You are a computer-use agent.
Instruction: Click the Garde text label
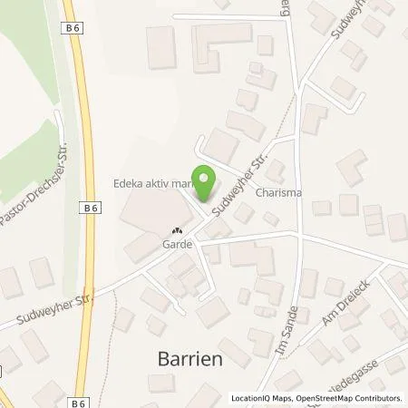[176, 244]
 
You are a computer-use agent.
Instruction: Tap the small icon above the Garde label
[177, 230]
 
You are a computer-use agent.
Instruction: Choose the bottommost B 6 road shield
[77, 398]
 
